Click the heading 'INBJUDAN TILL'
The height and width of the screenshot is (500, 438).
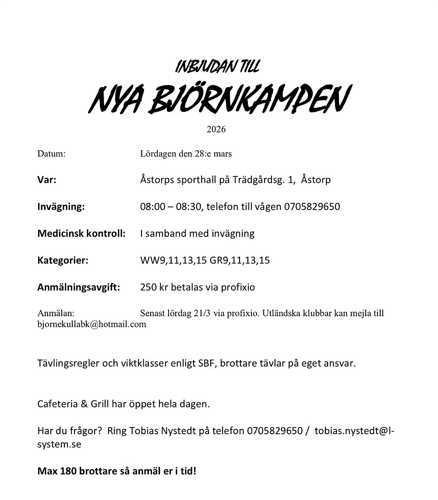coord(218,67)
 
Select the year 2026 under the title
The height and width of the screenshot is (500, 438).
coord(216,129)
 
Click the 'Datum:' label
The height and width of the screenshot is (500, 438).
coord(51,154)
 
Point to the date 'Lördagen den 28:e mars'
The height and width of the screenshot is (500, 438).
coord(186,154)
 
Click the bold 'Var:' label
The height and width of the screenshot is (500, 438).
coord(47,180)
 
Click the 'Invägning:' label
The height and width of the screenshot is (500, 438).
coord(61,207)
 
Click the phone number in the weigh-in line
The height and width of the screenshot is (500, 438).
coord(311,207)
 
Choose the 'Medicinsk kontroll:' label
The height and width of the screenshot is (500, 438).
coord(81,233)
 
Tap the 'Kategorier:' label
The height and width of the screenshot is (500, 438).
coord(63,261)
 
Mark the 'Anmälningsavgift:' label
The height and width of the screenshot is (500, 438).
coord(78,288)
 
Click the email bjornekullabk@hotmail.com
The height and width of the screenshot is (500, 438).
coord(92,325)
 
